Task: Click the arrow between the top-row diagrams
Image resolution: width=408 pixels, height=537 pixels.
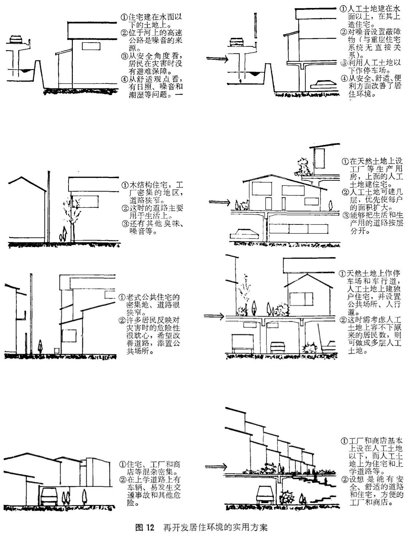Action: coord(217,58)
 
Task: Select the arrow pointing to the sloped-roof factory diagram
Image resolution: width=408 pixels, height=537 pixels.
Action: coord(220,202)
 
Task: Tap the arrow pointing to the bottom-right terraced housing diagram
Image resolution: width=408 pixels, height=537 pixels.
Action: coord(216,467)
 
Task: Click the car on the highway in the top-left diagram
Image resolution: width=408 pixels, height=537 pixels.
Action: coord(16,39)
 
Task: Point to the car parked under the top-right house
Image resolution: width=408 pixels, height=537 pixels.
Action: coord(323,84)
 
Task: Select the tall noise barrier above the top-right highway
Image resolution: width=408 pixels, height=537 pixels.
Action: coord(255,27)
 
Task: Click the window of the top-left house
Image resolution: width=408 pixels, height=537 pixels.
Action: coord(91,46)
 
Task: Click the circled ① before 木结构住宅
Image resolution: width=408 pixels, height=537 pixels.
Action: coord(125,185)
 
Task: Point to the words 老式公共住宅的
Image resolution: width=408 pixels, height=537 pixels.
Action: coord(153,297)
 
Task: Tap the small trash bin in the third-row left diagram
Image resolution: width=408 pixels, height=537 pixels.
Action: coord(57,350)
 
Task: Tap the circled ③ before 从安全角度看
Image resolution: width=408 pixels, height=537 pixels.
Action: coord(124,56)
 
